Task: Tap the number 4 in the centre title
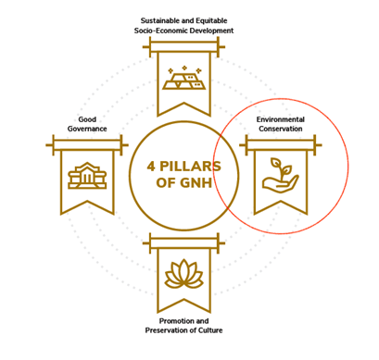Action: [152, 165]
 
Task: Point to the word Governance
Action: [87, 128]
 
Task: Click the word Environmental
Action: [280, 119]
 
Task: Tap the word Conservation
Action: [280, 130]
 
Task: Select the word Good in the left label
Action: [87, 118]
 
